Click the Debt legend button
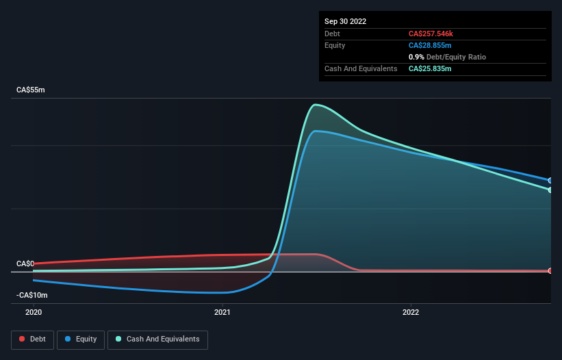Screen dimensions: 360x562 pos(33,339)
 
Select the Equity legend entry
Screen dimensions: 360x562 pos(81,339)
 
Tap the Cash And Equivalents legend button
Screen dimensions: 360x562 pos(157,339)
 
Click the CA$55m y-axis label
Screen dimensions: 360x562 pos(31,90)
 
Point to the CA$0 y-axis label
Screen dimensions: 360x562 pos(25,263)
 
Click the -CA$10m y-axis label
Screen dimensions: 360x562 pos(31,295)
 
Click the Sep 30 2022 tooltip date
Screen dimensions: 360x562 pos(346,21)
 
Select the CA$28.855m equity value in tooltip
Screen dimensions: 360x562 pos(430,45)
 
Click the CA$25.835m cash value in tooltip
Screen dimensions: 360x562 pos(430,68)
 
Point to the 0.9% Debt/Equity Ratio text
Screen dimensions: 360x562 pos(447,57)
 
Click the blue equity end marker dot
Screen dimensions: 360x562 pos(550,181)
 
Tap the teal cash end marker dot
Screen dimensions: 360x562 pos(550,190)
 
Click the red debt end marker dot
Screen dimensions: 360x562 pos(550,271)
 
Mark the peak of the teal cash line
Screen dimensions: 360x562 pos(315,105)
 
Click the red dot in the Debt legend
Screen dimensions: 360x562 pos(22,339)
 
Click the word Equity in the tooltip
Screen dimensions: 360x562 pos(335,45)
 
